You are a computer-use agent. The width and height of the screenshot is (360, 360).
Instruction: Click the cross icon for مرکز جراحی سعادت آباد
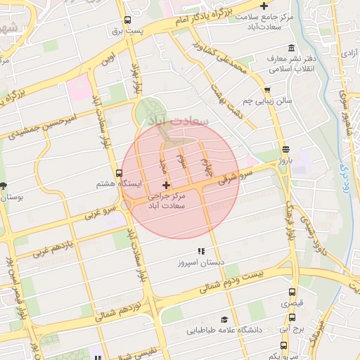coord(166,184)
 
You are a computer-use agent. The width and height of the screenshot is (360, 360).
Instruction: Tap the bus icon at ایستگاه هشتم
coord(100,172)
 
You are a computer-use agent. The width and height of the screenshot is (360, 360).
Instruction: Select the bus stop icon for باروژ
coord(285,149)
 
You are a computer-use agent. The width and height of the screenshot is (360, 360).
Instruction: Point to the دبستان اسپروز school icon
coord(201,250)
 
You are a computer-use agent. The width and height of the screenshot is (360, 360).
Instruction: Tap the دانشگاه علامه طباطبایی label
coord(224,329)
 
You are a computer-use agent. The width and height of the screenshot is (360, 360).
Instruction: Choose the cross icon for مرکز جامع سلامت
coord(263,6)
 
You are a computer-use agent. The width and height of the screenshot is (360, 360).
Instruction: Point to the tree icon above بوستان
coord(4,186)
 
